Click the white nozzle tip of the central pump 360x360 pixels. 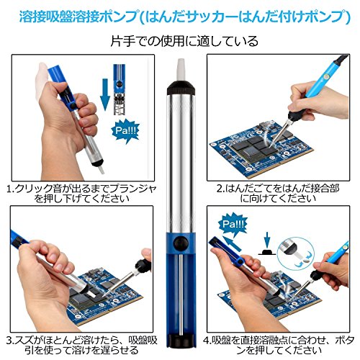click(x=181, y=69)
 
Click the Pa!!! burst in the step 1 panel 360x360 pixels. click(x=125, y=131)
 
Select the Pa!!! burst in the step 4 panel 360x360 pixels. click(x=232, y=224)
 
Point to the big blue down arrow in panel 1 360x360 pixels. click(x=105, y=94)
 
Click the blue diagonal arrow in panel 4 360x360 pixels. click(x=232, y=243)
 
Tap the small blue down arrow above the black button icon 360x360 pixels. click(x=267, y=240)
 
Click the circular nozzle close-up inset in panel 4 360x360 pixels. click(x=296, y=256)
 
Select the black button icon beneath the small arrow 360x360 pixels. click(x=267, y=252)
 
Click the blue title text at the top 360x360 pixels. click(x=184, y=17)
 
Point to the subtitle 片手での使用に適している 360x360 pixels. click(x=184, y=41)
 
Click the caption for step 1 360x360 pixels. click(x=81, y=194)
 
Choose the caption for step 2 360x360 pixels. click(x=278, y=194)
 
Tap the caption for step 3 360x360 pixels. click(x=81, y=345)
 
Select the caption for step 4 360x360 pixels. click(x=279, y=345)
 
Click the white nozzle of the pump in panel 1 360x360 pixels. click(x=101, y=169)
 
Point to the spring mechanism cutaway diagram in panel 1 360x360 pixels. click(x=120, y=89)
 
